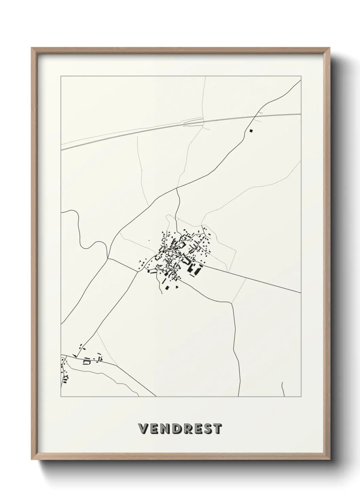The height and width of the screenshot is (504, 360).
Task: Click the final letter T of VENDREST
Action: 217,429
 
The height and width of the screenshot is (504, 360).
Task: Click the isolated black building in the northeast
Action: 251,130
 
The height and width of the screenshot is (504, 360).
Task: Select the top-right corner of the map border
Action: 301,77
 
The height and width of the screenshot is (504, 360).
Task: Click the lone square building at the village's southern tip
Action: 167,288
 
